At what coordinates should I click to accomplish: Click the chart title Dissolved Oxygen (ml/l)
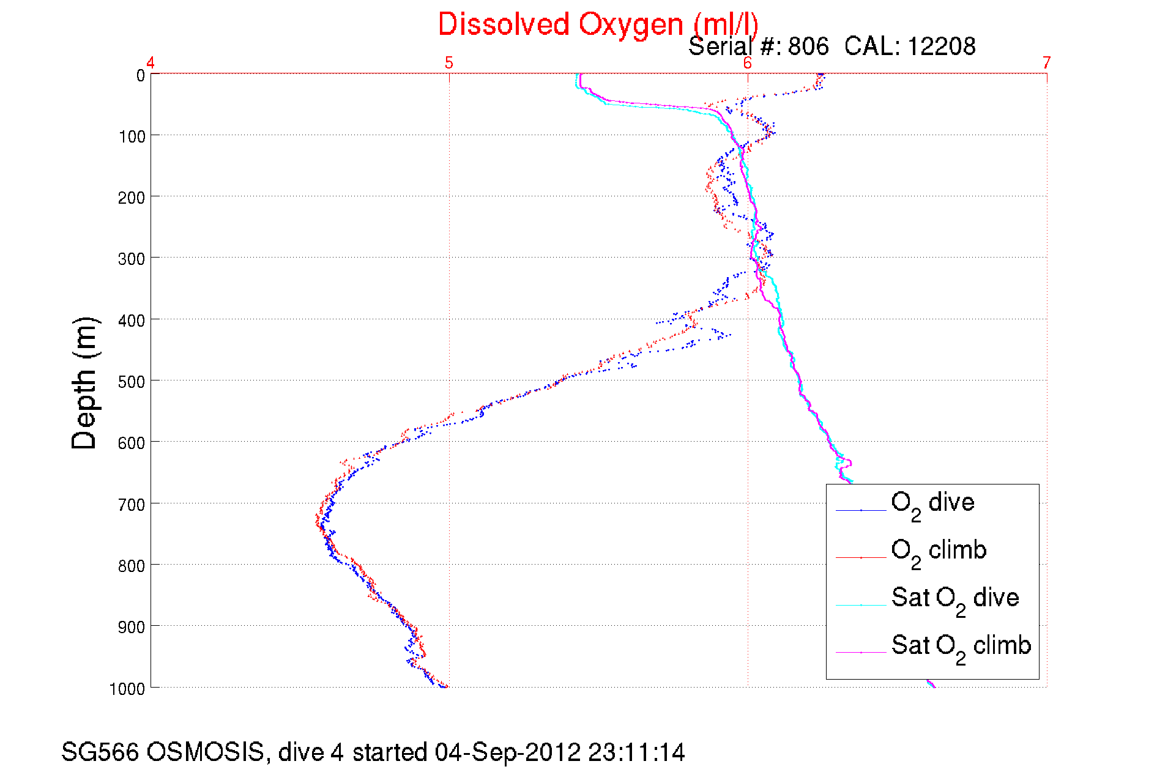click(x=598, y=25)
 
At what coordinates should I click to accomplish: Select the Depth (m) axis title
click(x=84, y=384)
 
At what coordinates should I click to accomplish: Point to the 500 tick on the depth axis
click(x=132, y=382)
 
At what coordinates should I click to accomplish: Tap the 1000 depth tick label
click(x=127, y=689)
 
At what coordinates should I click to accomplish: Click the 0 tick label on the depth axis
click(x=141, y=76)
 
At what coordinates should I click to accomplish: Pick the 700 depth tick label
click(x=132, y=505)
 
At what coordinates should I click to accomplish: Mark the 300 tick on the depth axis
click(x=132, y=259)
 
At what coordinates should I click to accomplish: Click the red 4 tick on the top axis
click(x=151, y=63)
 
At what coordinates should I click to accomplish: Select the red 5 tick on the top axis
click(x=449, y=63)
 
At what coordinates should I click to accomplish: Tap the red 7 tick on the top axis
click(x=1047, y=63)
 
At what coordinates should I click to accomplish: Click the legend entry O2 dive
click(x=932, y=503)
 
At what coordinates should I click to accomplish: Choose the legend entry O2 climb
click(x=939, y=551)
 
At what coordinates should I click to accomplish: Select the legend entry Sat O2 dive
click(x=955, y=598)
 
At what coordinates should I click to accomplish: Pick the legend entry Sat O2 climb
click(x=961, y=646)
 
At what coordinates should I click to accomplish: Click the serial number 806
click(x=808, y=46)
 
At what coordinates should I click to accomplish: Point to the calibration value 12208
click(x=942, y=46)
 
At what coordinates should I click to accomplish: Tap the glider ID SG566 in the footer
click(x=100, y=752)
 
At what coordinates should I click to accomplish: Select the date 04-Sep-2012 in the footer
click(x=508, y=752)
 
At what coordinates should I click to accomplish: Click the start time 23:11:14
click(x=636, y=752)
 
